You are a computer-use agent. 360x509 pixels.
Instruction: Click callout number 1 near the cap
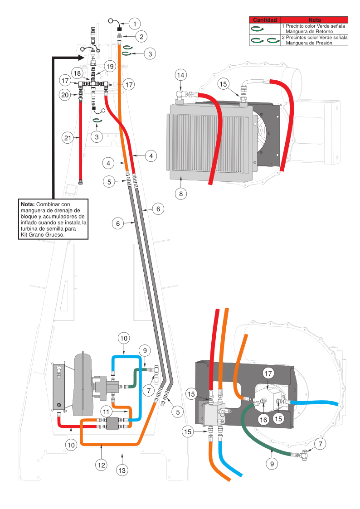(134, 23)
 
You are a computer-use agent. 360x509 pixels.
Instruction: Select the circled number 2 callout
(141, 36)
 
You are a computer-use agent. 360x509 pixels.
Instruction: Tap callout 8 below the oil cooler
(181, 194)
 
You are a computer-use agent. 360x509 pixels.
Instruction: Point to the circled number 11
(106, 412)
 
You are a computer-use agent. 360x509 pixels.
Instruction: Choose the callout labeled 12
(102, 464)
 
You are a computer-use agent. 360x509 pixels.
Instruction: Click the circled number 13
(122, 470)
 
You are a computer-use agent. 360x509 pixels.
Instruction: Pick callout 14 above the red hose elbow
(180, 75)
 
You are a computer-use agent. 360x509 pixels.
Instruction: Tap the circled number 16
(263, 420)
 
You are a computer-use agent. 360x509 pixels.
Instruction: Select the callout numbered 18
(77, 73)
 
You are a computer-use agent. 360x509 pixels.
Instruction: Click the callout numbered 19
(109, 66)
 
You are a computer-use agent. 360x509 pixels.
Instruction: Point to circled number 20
(65, 95)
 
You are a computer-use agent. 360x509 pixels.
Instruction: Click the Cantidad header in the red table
(265, 20)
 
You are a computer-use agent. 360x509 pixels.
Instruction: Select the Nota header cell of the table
(314, 20)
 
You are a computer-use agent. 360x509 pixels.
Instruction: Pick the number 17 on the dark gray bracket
(268, 373)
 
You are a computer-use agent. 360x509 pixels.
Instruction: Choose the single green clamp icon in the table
(258, 29)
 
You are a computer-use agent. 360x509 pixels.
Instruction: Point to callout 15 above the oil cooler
(222, 84)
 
